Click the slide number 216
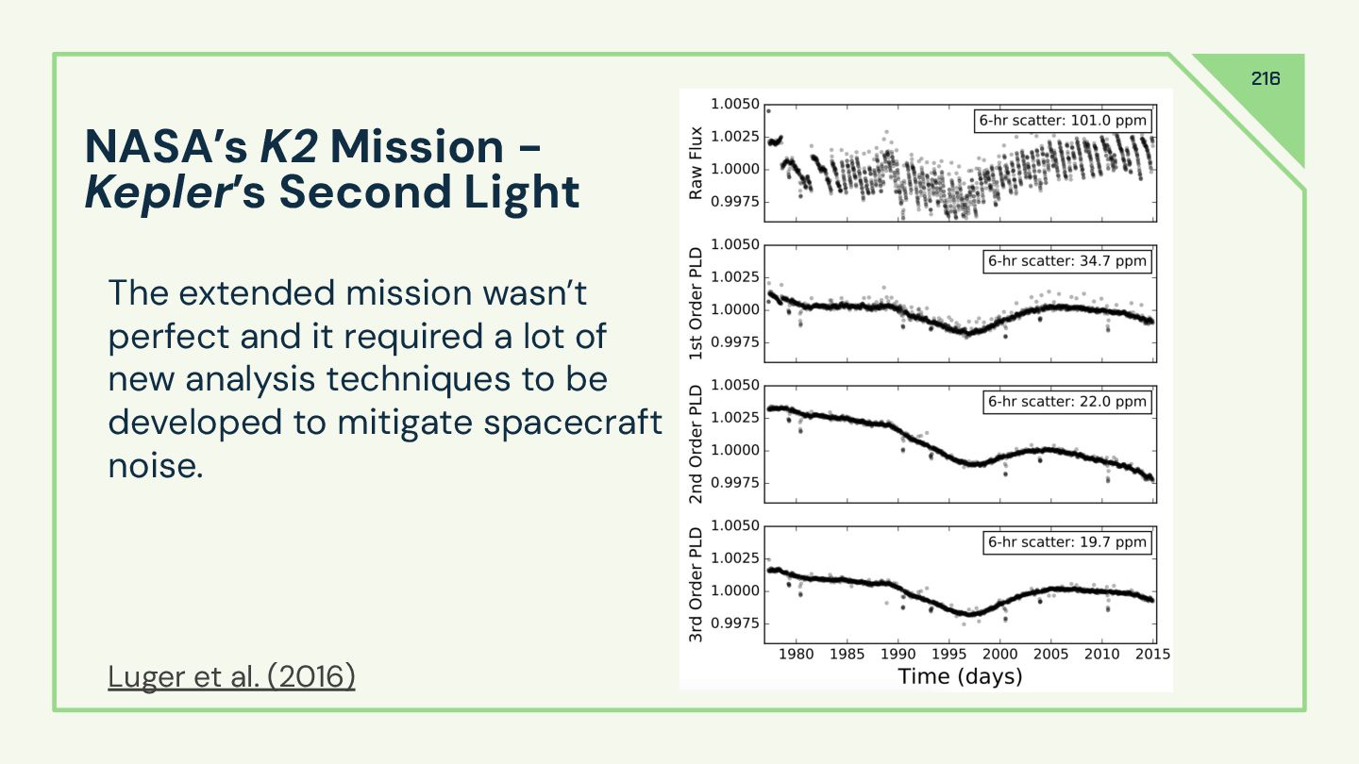[1266, 79]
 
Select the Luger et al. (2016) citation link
[231, 676]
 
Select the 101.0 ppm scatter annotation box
[1064, 121]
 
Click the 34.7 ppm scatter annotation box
[1067, 261]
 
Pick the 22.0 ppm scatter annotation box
[1067, 402]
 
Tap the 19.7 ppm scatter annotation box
[1067, 542]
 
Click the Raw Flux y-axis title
[696, 161]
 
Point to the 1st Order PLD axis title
[696, 304]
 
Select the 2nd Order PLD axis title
[696, 444]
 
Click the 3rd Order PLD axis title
[696, 585]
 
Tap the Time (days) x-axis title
[960, 676]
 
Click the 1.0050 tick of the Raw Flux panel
[733, 104]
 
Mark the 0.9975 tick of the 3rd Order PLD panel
[733, 623]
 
